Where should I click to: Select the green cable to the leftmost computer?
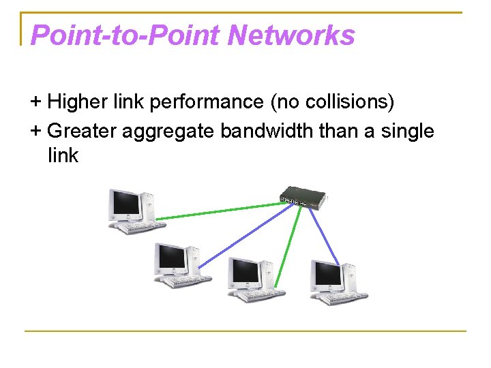[x=218, y=209]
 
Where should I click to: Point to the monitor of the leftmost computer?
[x=126, y=203]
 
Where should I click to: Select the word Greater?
[x=82, y=130]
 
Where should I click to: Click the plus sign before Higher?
[x=36, y=103]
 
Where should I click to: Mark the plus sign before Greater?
[x=36, y=130]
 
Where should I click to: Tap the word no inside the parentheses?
[x=286, y=103]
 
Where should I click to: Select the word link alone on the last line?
[x=63, y=156]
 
